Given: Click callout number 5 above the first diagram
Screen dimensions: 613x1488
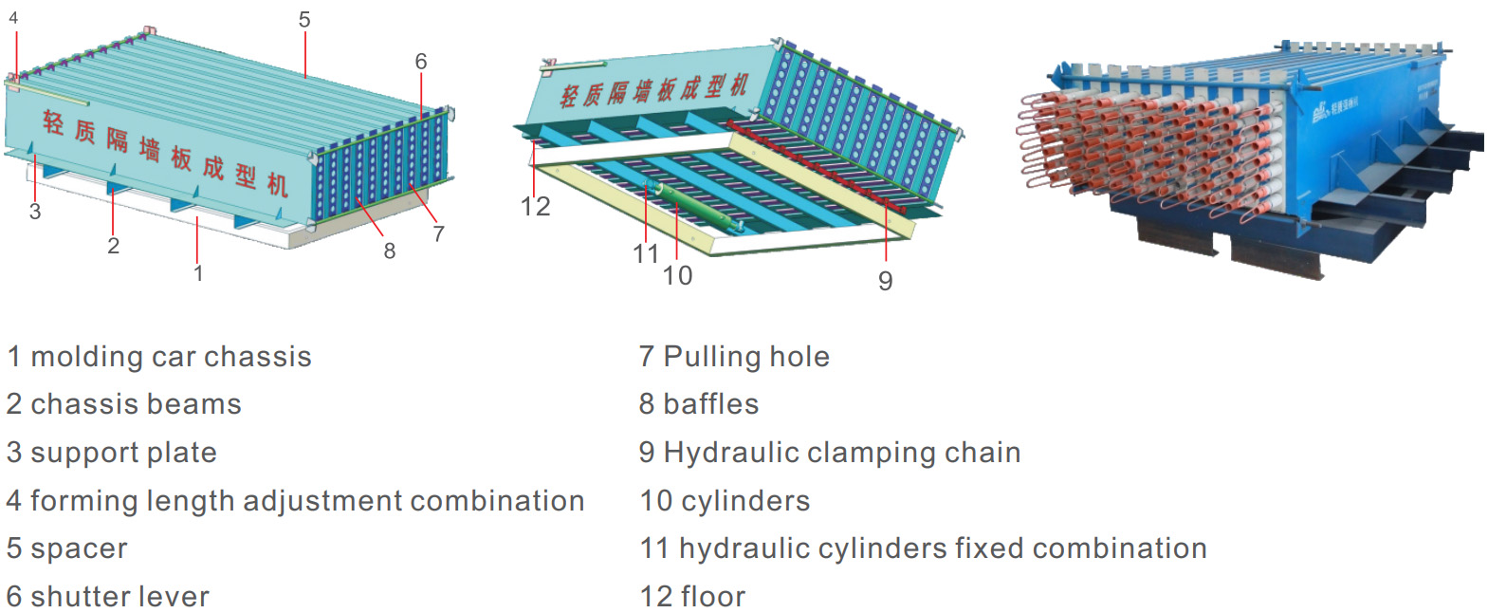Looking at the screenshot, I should click(x=304, y=20).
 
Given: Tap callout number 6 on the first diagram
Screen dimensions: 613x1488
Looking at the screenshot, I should click(x=421, y=62).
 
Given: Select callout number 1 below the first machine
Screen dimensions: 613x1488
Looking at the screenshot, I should click(x=198, y=273).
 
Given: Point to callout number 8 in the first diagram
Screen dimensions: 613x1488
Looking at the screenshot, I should click(x=390, y=251).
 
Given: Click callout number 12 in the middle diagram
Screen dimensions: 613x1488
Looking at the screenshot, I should click(x=535, y=207).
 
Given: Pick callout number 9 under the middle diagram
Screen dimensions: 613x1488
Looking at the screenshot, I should click(x=885, y=281).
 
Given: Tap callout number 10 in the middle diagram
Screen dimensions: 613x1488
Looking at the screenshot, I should click(x=677, y=276).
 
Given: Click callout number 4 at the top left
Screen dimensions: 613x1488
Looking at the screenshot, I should click(x=13, y=18).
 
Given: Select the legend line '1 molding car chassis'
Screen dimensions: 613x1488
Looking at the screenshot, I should click(x=159, y=357).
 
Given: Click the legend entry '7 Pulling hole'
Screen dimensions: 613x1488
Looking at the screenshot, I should click(x=734, y=357).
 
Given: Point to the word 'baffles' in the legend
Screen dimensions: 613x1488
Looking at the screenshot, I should click(x=711, y=404).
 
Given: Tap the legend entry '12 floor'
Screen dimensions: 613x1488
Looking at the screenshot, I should click(x=692, y=597).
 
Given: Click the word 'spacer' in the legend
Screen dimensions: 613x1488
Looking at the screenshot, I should click(x=79, y=548).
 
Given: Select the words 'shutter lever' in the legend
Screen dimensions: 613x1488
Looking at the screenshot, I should click(x=119, y=597).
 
